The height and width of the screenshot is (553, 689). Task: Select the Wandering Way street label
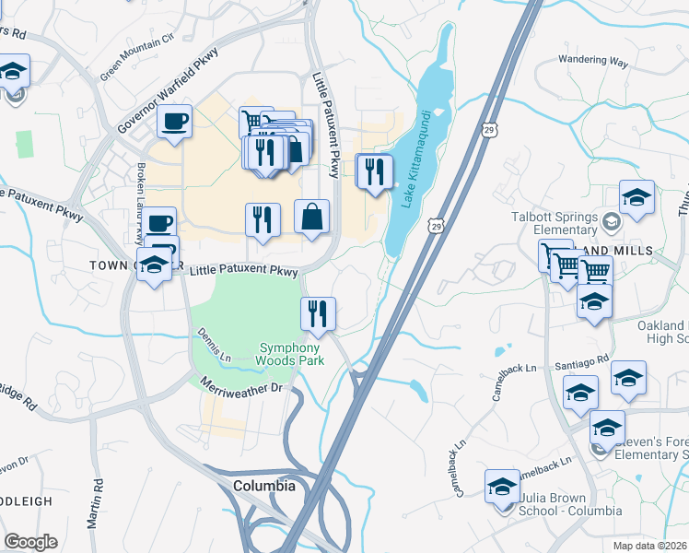click(593, 63)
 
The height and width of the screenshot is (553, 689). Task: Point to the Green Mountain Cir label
click(138, 56)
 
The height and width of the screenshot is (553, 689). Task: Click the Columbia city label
click(264, 486)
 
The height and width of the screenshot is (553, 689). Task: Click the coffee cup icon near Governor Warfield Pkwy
click(174, 122)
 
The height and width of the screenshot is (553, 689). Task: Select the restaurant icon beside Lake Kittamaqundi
click(374, 171)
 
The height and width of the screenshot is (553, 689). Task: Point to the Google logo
click(30, 541)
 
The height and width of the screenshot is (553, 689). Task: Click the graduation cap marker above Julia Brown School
click(503, 486)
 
